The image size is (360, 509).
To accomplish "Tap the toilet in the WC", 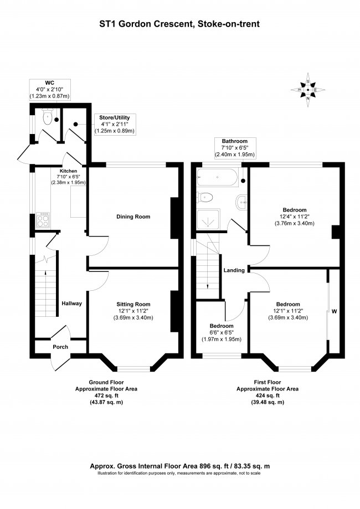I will pos(48,117).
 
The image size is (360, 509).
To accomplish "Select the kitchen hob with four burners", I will pos(43,220).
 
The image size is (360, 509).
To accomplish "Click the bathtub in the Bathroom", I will pos(217,179).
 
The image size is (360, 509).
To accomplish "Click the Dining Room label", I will pos(133,217).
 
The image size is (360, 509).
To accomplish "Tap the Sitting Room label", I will pos(133,304).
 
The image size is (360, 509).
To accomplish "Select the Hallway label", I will pos(71,304).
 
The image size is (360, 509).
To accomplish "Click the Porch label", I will pos(60,347).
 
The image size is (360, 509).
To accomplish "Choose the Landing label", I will pos(234,270).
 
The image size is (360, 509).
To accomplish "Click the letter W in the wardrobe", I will pos(334,311).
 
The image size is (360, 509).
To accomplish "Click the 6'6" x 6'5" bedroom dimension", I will pos(222,332).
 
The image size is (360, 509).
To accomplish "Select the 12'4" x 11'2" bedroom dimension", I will pos(294,217).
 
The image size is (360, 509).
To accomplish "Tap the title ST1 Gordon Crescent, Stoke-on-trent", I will pos(180,24).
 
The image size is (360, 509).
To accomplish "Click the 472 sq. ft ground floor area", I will pos(106,395).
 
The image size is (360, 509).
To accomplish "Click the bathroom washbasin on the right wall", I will pos(241,202).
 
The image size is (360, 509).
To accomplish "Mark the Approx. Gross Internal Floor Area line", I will pos(180,466).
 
